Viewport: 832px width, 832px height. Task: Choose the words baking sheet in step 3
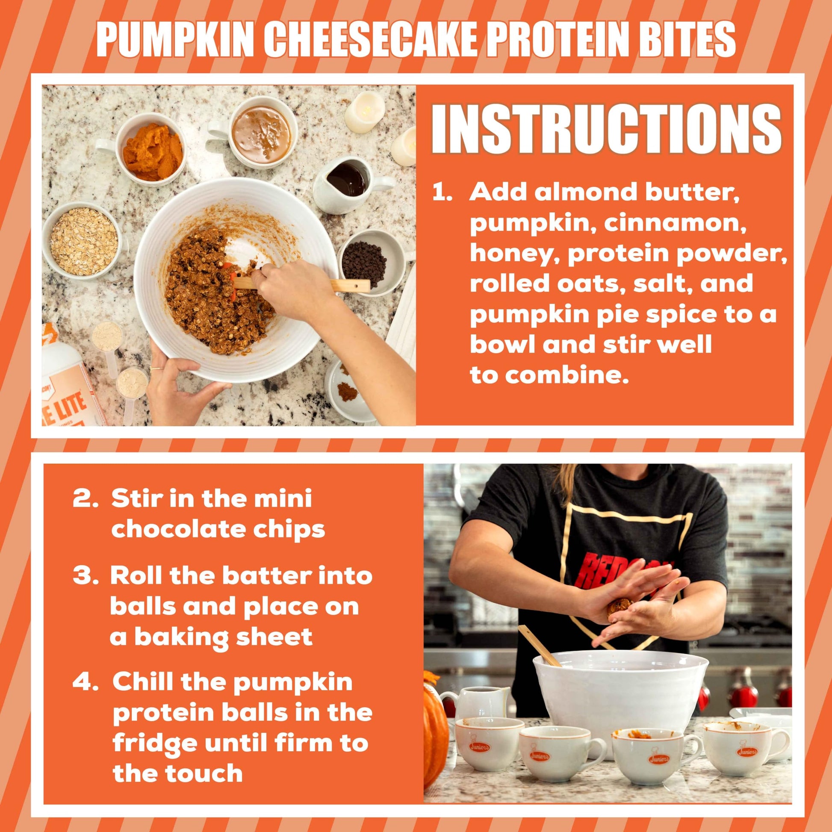click(x=224, y=637)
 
